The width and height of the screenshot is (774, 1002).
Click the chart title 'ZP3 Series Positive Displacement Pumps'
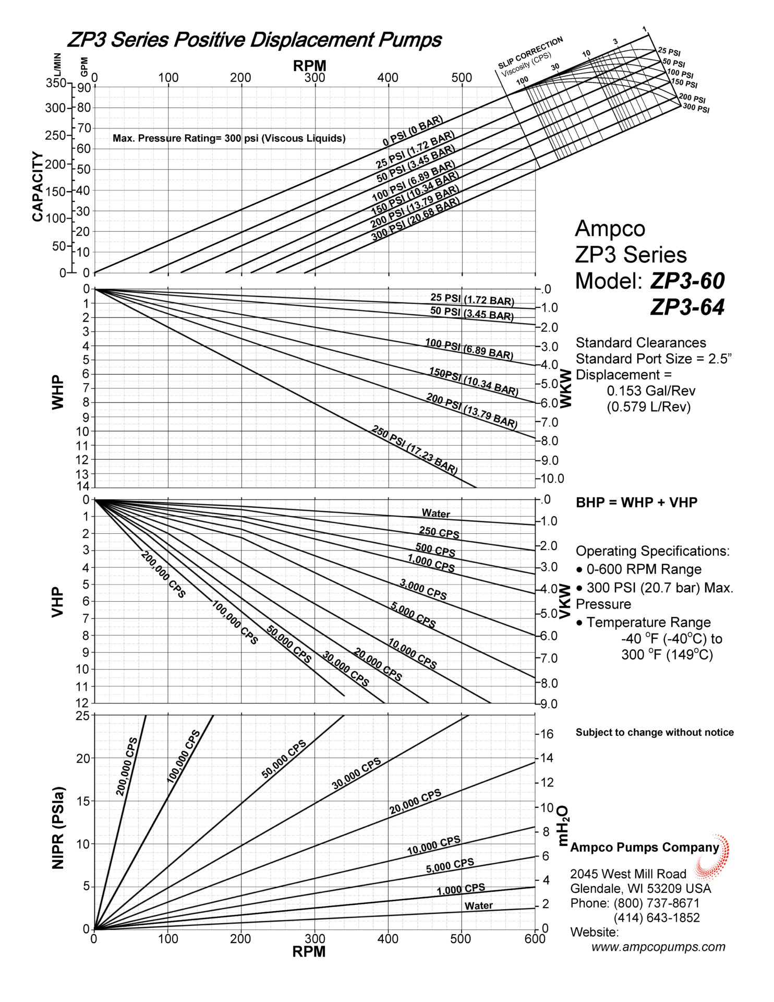(255, 40)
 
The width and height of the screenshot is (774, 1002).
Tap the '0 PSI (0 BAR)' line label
(413, 131)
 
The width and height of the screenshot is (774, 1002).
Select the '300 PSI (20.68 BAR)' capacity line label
(416, 220)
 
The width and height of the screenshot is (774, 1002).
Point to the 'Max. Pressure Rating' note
(229, 138)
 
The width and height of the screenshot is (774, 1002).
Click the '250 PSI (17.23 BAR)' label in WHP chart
(415, 449)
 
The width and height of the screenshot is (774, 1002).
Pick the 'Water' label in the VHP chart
(436, 514)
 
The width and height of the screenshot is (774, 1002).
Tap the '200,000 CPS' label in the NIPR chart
(127, 767)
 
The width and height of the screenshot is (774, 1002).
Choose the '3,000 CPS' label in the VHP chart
(423, 589)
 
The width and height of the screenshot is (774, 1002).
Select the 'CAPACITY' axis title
(38, 186)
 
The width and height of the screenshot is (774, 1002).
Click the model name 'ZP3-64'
(687, 307)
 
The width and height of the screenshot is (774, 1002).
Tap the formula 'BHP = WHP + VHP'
(636, 502)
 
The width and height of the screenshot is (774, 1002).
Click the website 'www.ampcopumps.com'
(658, 947)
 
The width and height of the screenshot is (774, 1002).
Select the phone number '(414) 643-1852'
(657, 917)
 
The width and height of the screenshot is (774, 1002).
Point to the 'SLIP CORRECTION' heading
(530, 52)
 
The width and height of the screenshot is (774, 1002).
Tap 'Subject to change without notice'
(655, 732)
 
